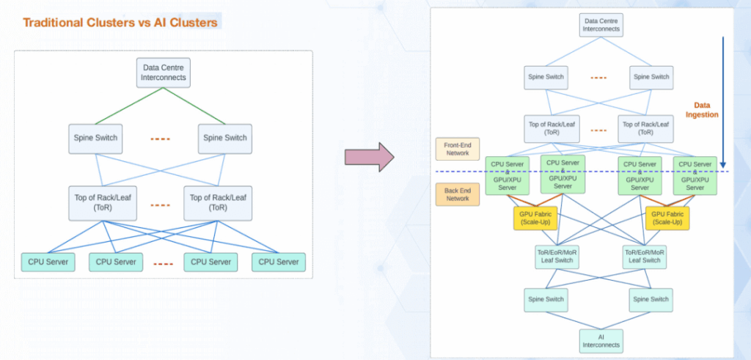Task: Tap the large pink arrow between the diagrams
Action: (x=369, y=158)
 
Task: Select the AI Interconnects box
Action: (x=601, y=339)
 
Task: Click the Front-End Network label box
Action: (x=457, y=149)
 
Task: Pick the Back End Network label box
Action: (x=457, y=194)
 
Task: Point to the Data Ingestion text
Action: (x=702, y=110)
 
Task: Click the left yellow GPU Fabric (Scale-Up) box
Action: (x=535, y=218)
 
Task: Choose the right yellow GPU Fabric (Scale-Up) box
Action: (x=667, y=218)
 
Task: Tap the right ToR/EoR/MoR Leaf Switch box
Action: (x=645, y=256)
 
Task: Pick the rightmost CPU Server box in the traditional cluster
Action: (x=278, y=261)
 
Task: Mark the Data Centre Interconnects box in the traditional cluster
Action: (x=164, y=73)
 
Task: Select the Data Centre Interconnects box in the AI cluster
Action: (x=601, y=25)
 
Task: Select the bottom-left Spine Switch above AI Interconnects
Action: (x=545, y=299)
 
